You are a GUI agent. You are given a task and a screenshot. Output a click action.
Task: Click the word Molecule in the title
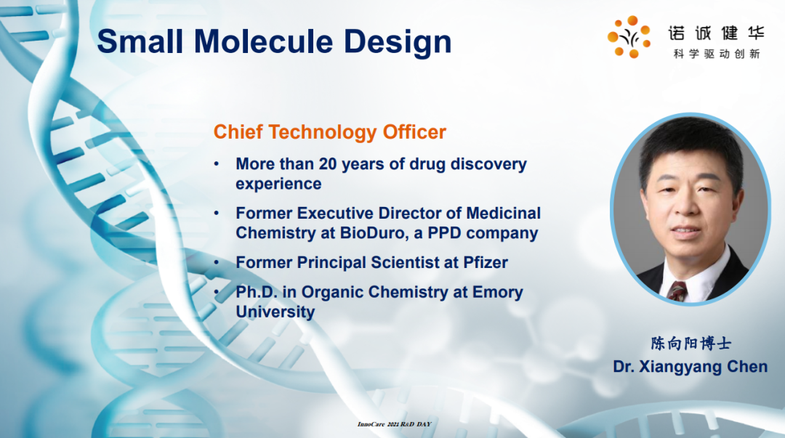(263, 41)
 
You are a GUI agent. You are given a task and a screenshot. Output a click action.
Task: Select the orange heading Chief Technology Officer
(329, 132)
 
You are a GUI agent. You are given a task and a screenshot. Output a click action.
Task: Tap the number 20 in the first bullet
(327, 163)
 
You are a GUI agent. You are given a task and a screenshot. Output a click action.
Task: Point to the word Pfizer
(486, 262)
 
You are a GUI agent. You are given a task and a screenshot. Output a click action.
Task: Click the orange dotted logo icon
(629, 36)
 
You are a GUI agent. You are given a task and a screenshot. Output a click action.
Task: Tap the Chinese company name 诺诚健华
(717, 33)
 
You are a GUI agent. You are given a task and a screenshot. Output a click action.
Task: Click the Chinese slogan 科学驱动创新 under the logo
(717, 54)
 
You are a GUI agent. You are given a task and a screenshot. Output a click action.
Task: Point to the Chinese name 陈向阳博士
(691, 344)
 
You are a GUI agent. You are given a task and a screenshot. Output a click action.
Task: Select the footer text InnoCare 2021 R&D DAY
(394, 424)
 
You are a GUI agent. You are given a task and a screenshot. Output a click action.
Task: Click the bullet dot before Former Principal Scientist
(217, 262)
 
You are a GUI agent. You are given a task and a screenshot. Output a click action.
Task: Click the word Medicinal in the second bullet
(503, 214)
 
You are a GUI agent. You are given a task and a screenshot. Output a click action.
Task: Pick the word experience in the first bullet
(278, 184)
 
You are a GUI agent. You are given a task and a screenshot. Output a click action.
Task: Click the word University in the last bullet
(275, 312)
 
